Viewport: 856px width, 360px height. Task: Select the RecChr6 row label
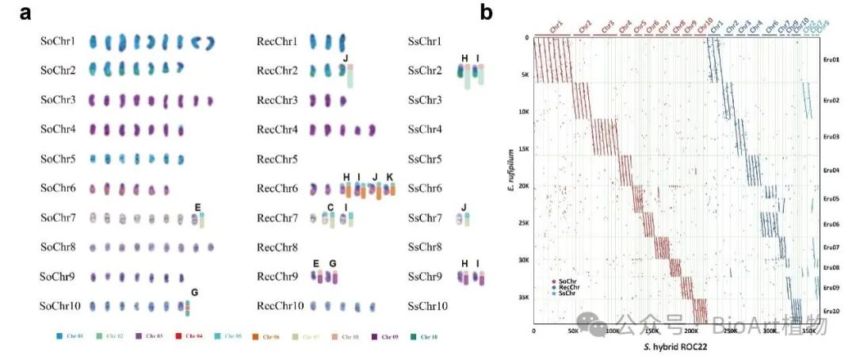click(277, 189)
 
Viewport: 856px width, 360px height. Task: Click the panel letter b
click(487, 12)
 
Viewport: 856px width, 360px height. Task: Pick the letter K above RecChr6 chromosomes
click(389, 177)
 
